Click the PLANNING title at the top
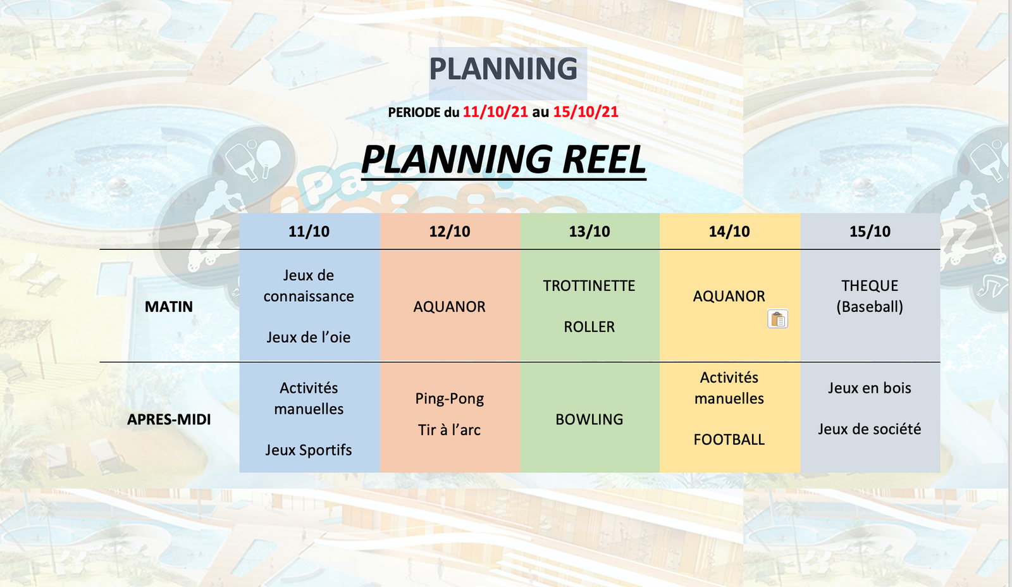tap(503, 69)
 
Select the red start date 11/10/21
tap(495, 111)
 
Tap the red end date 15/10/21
tap(586, 111)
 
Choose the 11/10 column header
tap(309, 232)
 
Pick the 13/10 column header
tap(589, 232)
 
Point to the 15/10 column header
tap(870, 232)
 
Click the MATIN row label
tap(168, 307)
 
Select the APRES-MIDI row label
tap(168, 419)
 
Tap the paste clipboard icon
tap(777, 319)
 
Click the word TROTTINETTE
tap(589, 286)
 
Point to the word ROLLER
tap(589, 327)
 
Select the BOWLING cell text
tap(589, 419)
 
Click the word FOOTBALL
tap(729, 440)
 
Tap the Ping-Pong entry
tap(450, 399)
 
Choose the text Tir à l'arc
tap(449, 429)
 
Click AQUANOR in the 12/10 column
tap(450, 307)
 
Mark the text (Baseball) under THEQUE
tap(870, 307)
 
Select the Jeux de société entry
tap(870, 429)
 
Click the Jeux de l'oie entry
tap(309, 337)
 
